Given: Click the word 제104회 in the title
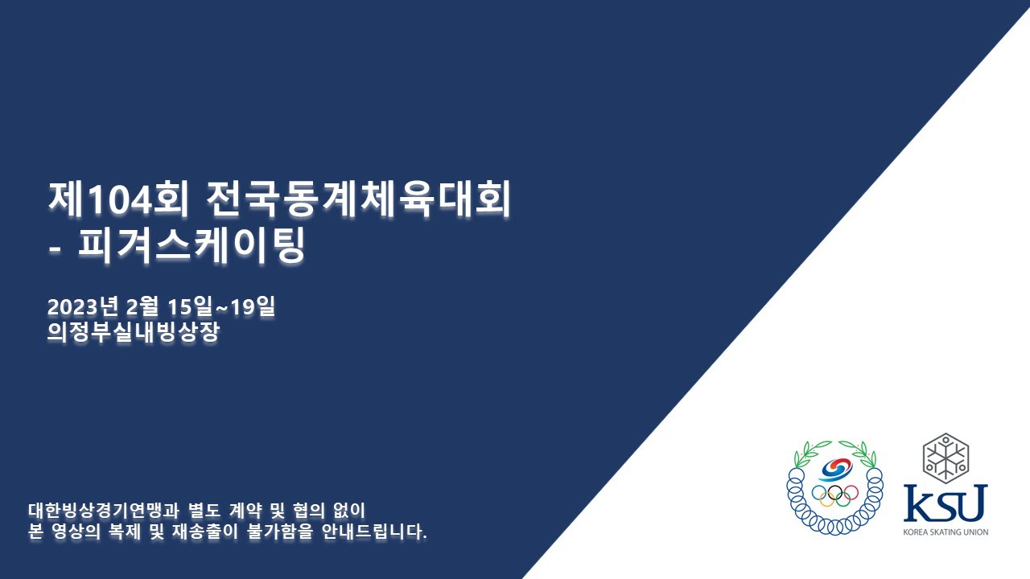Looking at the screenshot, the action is click(118, 199).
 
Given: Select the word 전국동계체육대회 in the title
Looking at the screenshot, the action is click(358, 199).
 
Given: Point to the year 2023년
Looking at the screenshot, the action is click(83, 306).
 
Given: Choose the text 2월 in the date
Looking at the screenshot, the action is click(142, 306).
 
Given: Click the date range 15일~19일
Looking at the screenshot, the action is click(220, 306).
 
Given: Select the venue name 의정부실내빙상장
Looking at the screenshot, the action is click(134, 332).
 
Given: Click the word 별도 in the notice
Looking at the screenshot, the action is click(204, 511).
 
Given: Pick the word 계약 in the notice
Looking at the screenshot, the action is click(245, 511).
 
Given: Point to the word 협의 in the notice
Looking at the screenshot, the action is click(308, 511).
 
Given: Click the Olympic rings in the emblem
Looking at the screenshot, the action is click(835, 495).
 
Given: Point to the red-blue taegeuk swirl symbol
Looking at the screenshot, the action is click(835, 470).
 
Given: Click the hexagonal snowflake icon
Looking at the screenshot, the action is click(946, 458).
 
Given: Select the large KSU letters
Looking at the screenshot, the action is click(946, 503).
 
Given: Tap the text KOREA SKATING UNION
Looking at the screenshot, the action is click(946, 532).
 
